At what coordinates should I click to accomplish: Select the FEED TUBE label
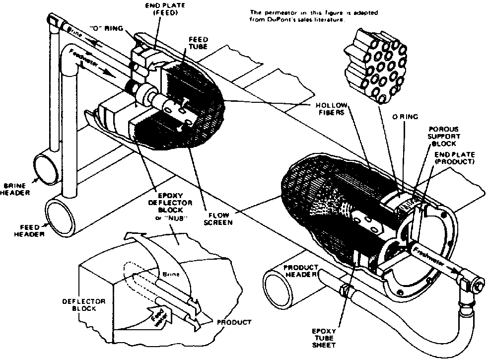pos(197,44)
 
